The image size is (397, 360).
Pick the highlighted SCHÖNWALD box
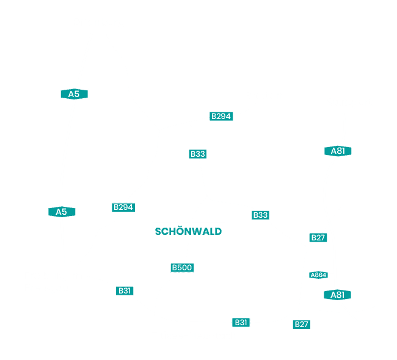click(188, 231)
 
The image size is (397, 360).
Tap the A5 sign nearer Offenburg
click(74, 94)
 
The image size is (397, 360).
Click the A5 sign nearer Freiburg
click(62, 212)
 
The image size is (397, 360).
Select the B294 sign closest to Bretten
click(221, 116)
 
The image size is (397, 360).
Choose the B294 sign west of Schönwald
click(123, 207)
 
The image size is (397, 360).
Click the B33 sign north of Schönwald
click(198, 154)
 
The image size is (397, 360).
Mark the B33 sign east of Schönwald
click(260, 215)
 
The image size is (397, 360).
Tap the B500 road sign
click(182, 267)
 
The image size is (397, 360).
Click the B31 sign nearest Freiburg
click(125, 291)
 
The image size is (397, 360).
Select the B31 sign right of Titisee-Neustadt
click(241, 322)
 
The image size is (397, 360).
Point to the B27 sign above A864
click(318, 237)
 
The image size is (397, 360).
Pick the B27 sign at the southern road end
click(301, 324)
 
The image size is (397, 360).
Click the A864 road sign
click(318, 275)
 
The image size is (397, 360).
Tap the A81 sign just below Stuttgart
click(338, 151)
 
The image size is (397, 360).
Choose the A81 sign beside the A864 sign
click(338, 295)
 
